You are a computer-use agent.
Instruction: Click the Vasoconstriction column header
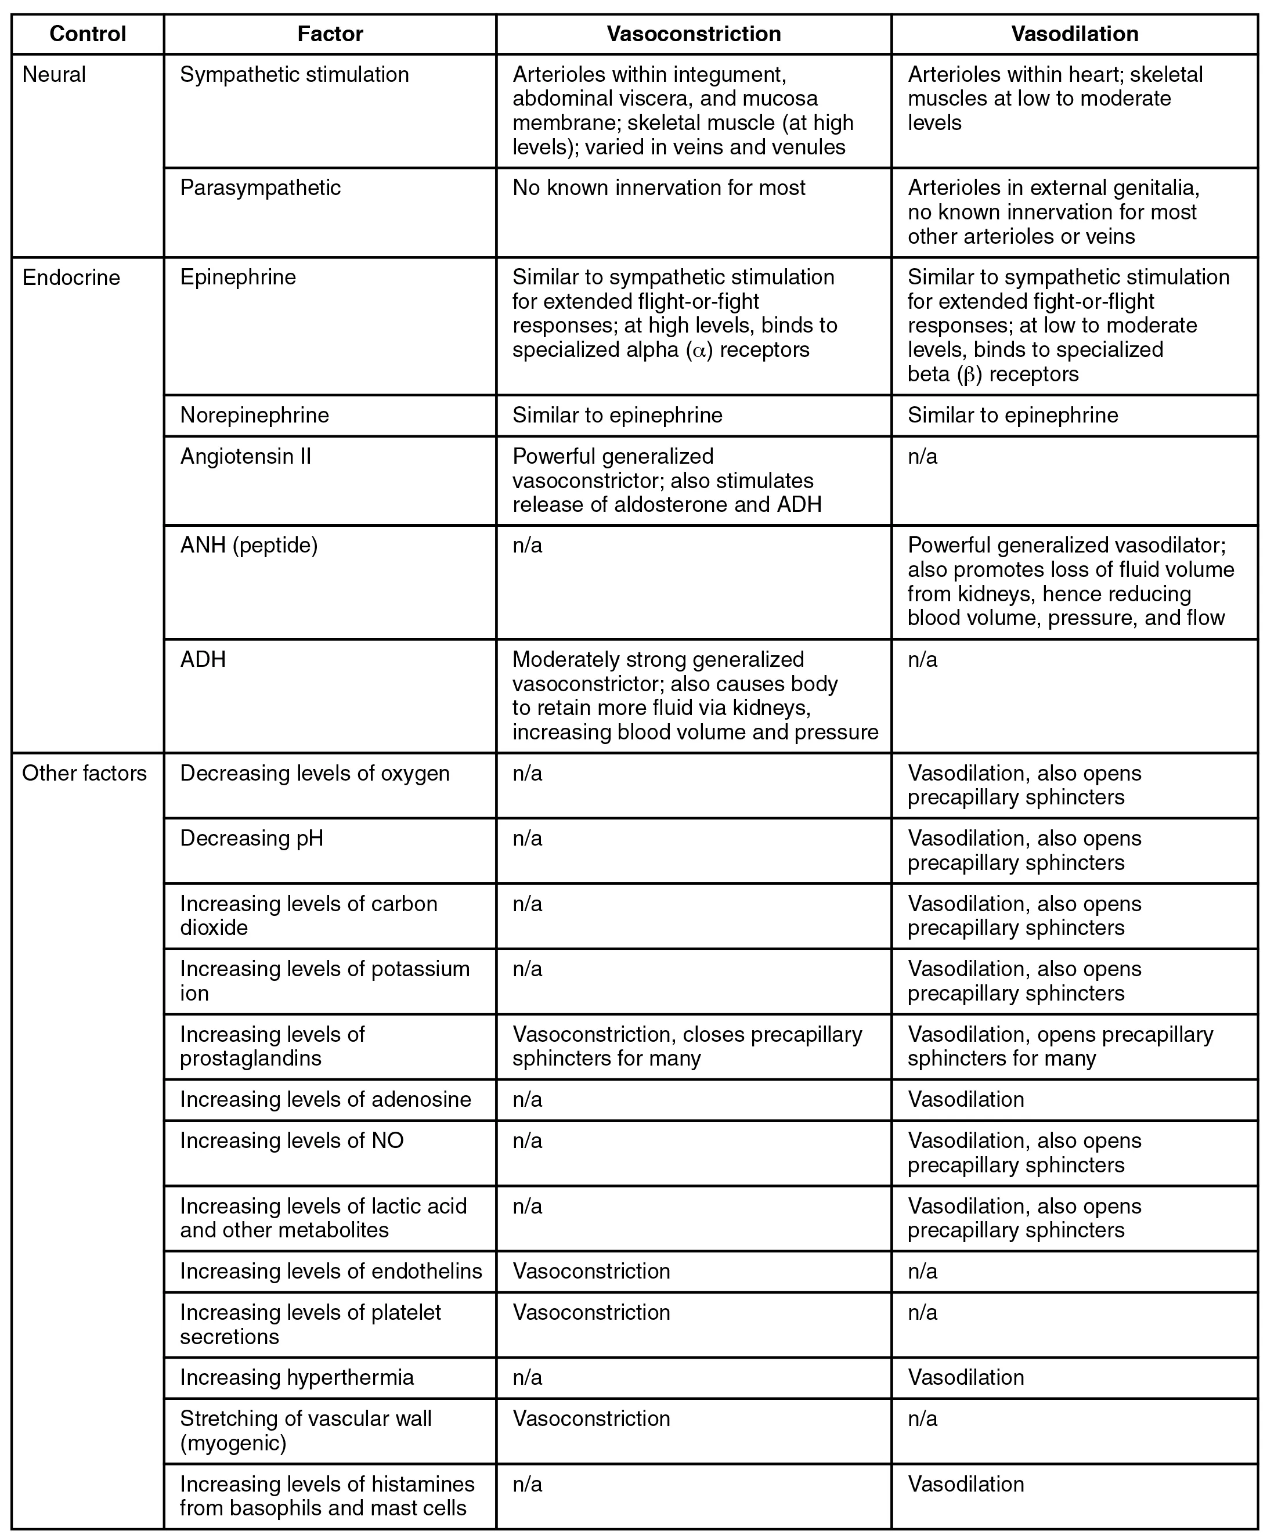[694, 34]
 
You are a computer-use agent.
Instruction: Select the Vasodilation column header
[1074, 34]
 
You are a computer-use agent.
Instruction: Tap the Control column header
[88, 34]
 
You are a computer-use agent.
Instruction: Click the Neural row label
[54, 74]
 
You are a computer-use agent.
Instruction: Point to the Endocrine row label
[71, 277]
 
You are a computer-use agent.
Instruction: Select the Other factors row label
[84, 773]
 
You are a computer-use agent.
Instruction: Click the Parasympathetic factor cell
[260, 187]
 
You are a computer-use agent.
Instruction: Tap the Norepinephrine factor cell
[254, 416]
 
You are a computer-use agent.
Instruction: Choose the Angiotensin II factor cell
[246, 456]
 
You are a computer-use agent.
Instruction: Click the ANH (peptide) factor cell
[249, 546]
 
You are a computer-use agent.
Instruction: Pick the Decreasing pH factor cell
[251, 838]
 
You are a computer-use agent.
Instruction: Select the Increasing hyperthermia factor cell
[297, 1377]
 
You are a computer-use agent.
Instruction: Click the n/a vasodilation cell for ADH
[922, 660]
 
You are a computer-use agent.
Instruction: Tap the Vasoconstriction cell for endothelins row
[591, 1271]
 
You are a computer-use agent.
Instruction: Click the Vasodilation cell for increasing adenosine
[966, 1099]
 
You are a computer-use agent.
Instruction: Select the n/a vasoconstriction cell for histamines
[527, 1484]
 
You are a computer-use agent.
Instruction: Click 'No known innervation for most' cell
[658, 187]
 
